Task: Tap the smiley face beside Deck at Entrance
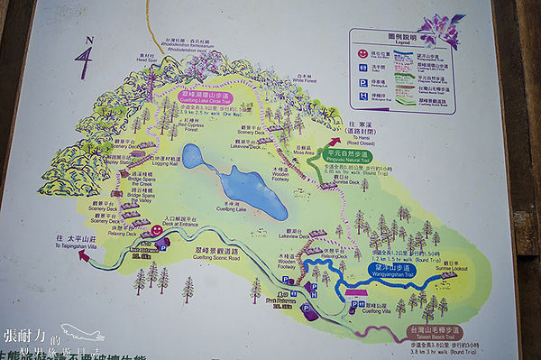tap(156, 231)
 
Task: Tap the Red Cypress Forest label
tap(191, 127)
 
